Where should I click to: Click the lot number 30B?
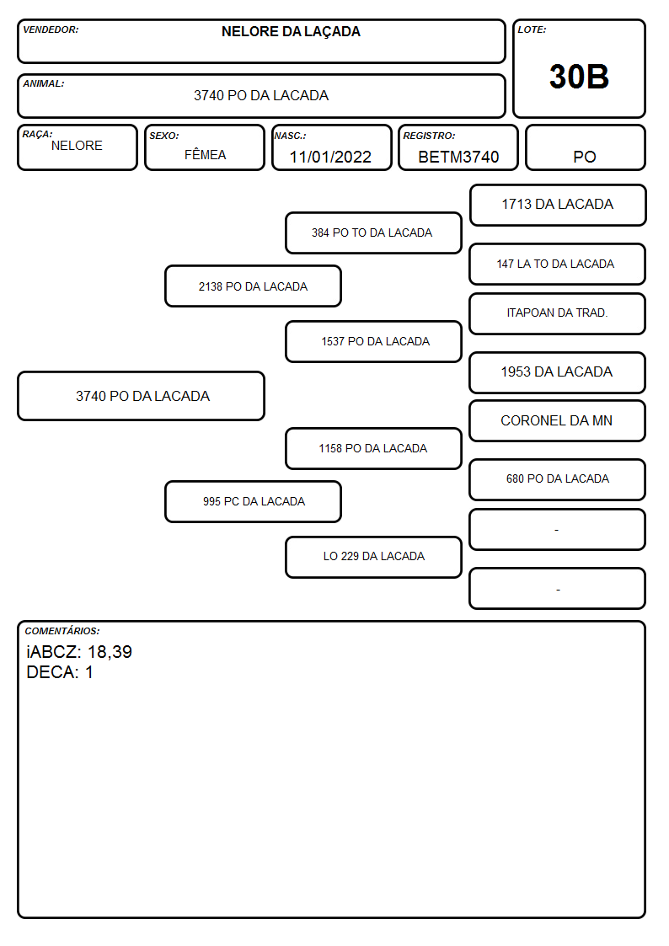click(x=579, y=77)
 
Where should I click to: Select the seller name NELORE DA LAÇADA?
click(x=291, y=32)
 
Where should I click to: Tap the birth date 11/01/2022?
click(x=330, y=157)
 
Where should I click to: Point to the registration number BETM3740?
click(x=458, y=157)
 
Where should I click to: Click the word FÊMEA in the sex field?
click(x=205, y=154)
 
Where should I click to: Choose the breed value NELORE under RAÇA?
click(x=77, y=146)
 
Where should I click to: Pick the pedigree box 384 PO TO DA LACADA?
click(x=373, y=232)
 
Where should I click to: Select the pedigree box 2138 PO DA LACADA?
click(x=254, y=286)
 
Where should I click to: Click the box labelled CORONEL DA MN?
click(x=558, y=420)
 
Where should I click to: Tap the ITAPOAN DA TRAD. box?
click(x=558, y=313)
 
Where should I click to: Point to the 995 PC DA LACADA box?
click(x=254, y=501)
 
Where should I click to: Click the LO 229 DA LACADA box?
click(x=373, y=557)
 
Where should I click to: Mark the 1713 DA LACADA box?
click(x=558, y=205)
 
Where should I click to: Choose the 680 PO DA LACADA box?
click(x=558, y=479)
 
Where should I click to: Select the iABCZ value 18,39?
click(x=110, y=651)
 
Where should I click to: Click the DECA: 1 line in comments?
click(x=60, y=672)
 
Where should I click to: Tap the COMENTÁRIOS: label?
click(x=62, y=631)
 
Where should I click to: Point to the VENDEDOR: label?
click(x=51, y=29)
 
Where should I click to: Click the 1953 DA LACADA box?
click(x=558, y=372)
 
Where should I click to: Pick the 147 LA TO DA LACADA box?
click(x=558, y=264)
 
